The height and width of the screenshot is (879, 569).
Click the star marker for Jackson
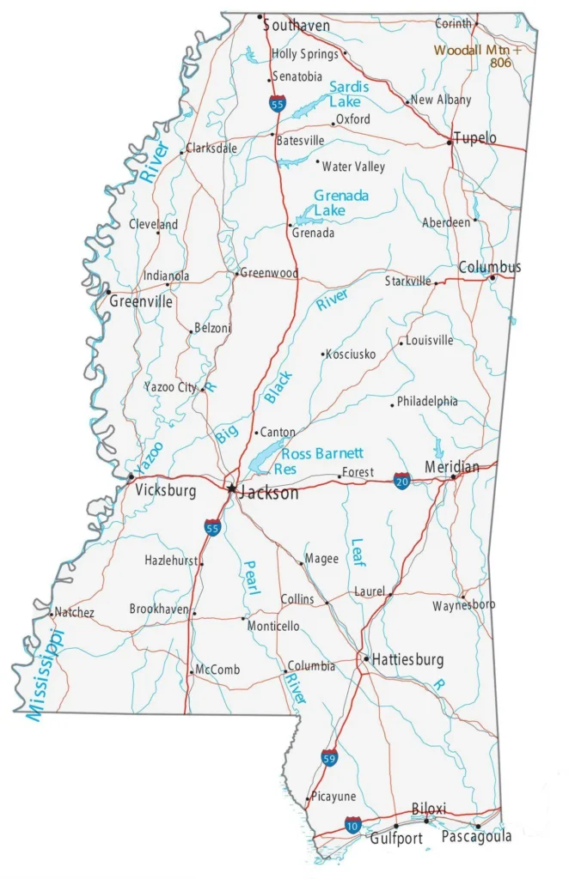click(x=231, y=488)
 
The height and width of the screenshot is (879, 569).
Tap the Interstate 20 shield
click(x=402, y=480)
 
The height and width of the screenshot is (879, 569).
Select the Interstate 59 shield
click(x=329, y=757)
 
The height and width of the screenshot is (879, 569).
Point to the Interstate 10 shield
click(x=352, y=825)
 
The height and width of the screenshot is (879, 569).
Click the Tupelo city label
click(x=475, y=137)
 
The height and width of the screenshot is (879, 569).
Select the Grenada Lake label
click(x=340, y=203)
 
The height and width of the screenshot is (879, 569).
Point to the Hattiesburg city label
click(x=408, y=660)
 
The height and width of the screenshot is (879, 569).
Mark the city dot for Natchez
click(x=51, y=614)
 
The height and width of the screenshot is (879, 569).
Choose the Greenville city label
click(x=140, y=301)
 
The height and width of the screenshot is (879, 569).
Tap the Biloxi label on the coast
click(x=429, y=809)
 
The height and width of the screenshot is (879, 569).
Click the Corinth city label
click(x=453, y=24)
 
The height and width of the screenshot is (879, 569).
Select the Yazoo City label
click(x=170, y=387)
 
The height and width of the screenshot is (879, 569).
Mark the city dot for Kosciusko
click(x=323, y=354)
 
